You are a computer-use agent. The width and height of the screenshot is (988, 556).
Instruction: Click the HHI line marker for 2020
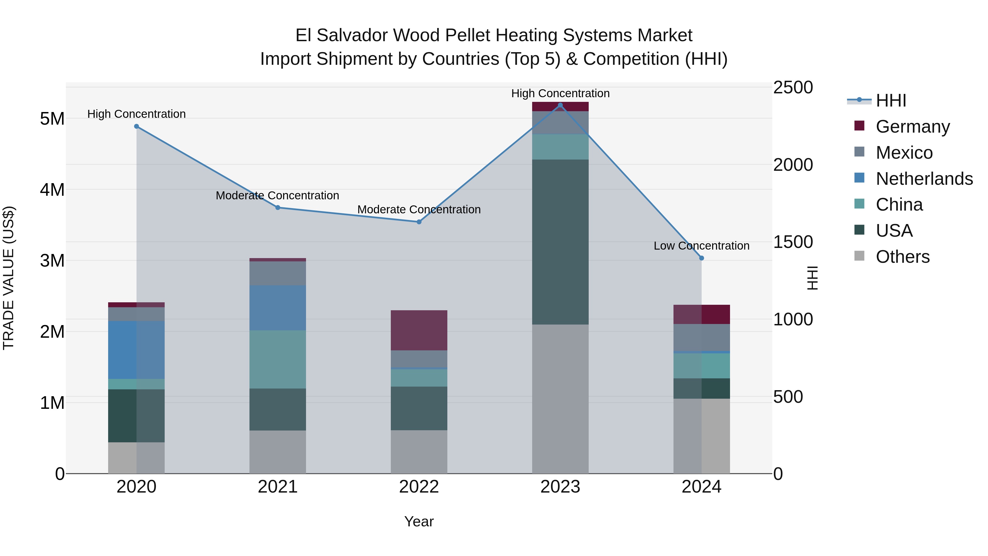tap(137, 126)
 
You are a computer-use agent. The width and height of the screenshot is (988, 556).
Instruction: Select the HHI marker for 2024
tap(701, 258)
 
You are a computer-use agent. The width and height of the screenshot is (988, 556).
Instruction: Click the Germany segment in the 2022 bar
tap(419, 330)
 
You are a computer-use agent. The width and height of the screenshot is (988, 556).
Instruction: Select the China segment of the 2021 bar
tap(278, 359)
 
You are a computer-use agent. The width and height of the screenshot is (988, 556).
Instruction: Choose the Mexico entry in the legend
tap(904, 153)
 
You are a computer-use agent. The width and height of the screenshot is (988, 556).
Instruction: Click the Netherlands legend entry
tap(924, 179)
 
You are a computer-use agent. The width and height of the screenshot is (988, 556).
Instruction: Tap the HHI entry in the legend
tap(891, 100)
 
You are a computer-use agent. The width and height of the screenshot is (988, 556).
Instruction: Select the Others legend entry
tap(902, 257)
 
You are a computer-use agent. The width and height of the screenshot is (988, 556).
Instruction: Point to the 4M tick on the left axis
tap(52, 189)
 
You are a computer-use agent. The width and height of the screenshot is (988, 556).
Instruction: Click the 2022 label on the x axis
tap(419, 487)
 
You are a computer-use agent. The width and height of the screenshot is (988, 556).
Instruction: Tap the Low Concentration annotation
tap(701, 245)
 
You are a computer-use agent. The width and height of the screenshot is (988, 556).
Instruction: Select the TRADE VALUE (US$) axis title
tap(9, 278)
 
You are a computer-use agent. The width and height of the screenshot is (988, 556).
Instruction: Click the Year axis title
tap(419, 521)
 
